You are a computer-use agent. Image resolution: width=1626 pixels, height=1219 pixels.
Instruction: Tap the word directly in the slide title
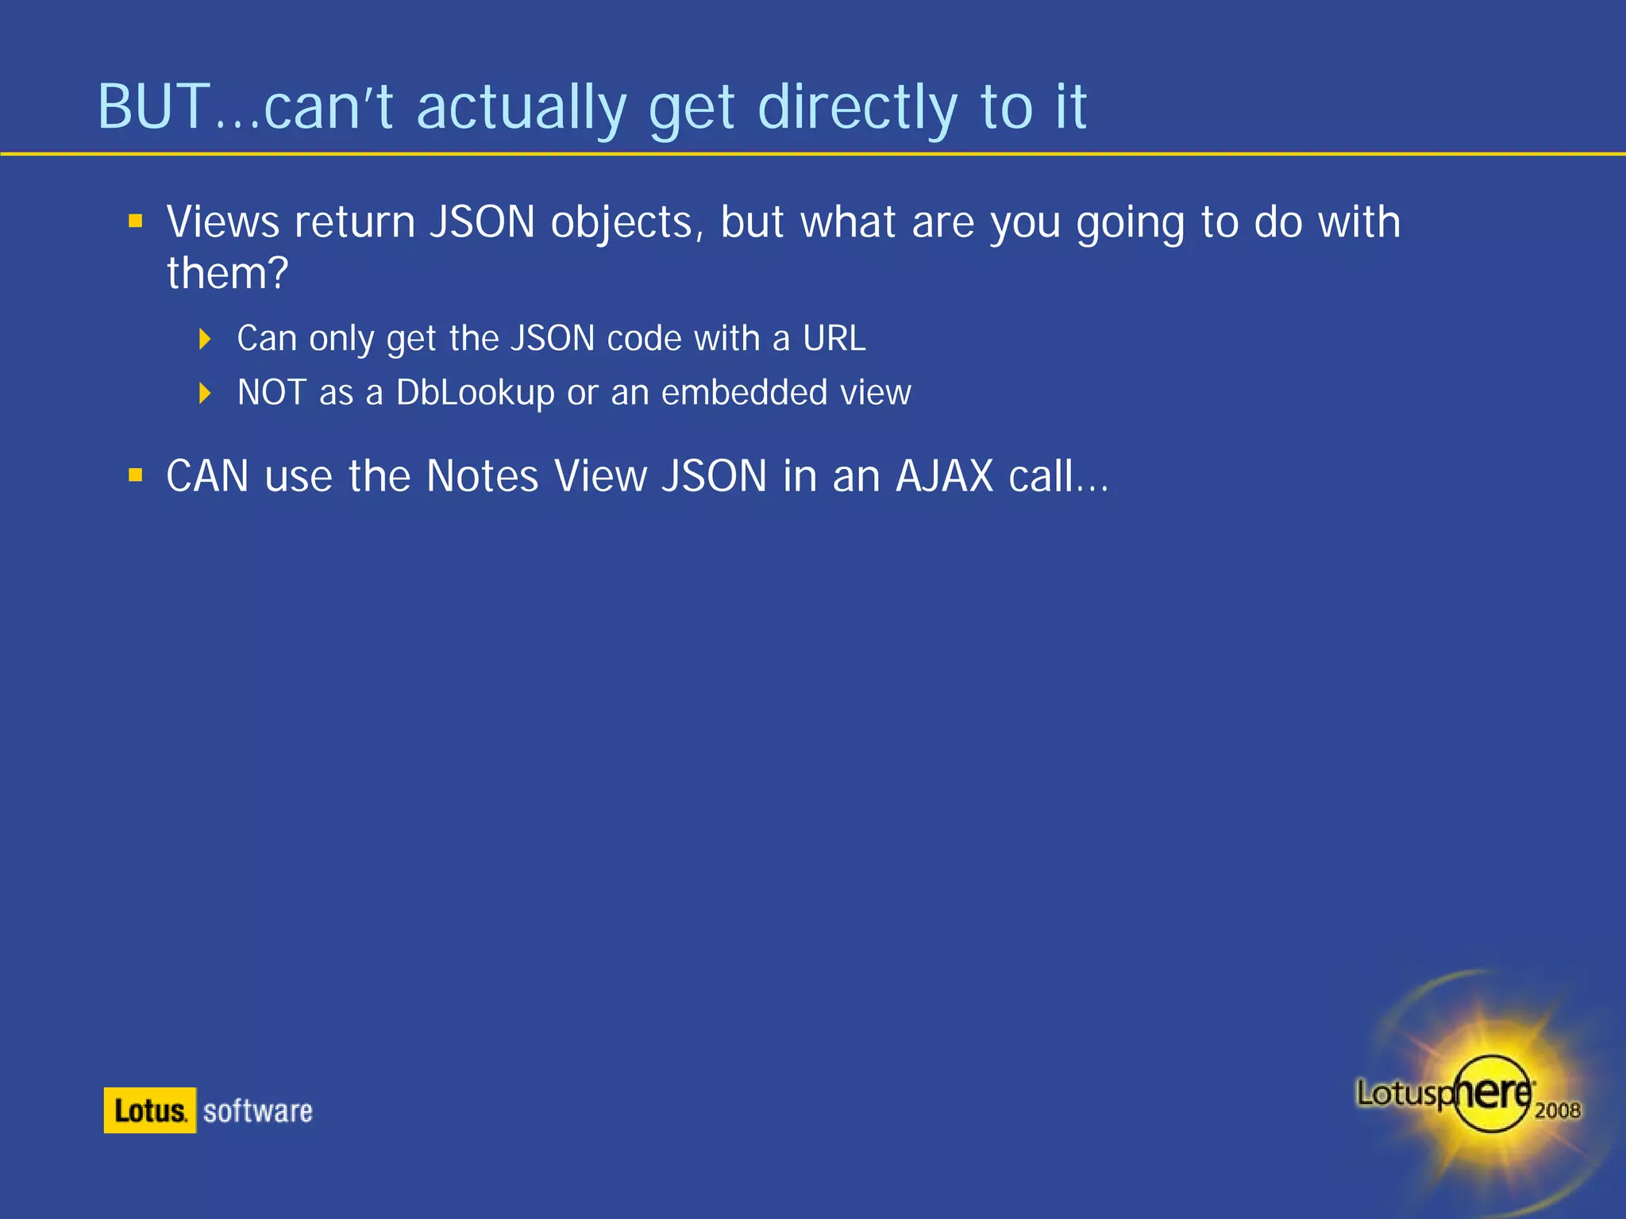pyautogui.click(x=857, y=108)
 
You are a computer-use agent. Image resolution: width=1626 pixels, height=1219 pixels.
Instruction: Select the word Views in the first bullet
pyautogui.click(x=222, y=221)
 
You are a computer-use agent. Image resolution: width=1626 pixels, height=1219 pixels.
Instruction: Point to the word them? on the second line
pyautogui.click(x=227, y=273)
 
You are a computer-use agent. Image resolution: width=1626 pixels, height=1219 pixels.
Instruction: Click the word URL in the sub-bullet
pyautogui.click(x=834, y=339)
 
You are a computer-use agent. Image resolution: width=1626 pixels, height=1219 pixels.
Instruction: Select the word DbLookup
pyautogui.click(x=475, y=393)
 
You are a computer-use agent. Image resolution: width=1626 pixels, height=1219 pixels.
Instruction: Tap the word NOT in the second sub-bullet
pyautogui.click(x=272, y=392)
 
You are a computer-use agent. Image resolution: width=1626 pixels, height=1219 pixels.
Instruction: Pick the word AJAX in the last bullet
pyautogui.click(x=944, y=476)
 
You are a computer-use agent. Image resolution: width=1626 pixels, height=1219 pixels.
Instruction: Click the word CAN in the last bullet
pyautogui.click(x=207, y=476)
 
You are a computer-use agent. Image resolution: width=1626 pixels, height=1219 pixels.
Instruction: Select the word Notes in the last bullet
pyautogui.click(x=482, y=476)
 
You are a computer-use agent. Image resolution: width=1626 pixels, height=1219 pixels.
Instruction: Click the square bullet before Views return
pyautogui.click(x=136, y=221)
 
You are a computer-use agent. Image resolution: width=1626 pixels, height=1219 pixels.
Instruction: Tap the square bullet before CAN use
pyautogui.click(x=136, y=475)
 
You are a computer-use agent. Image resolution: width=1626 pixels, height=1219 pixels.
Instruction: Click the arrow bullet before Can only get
pyautogui.click(x=205, y=340)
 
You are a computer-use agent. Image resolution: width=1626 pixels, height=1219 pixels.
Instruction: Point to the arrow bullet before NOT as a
pyautogui.click(x=205, y=393)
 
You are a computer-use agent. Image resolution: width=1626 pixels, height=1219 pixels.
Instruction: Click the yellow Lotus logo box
pyautogui.click(x=149, y=1110)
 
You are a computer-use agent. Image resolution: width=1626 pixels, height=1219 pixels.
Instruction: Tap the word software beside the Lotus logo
pyautogui.click(x=257, y=1111)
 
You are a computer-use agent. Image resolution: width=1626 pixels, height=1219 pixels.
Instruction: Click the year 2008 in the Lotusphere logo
pyautogui.click(x=1557, y=1110)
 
